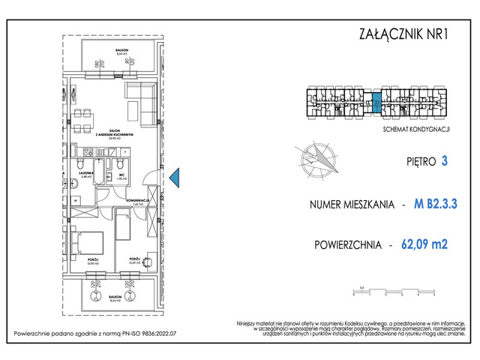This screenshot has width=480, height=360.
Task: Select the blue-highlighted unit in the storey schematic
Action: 377,100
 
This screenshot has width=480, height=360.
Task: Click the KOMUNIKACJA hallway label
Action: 139,201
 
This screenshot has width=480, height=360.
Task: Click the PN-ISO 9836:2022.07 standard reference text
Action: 143,334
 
